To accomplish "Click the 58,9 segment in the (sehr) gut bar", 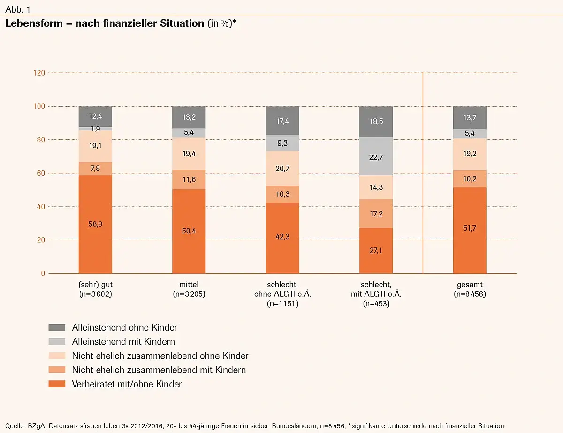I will click(95, 224).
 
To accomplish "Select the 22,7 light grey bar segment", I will click(376, 156).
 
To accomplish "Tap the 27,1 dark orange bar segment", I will click(376, 250).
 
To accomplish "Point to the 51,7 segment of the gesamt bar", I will click(470, 230).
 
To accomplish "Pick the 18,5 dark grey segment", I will click(376, 122).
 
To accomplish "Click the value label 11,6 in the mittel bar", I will click(189, 179).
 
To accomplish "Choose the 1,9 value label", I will click(95, 129).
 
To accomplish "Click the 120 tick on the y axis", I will click(39, 73).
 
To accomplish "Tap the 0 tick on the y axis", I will click(42, 273).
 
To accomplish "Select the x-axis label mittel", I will click(189, 285).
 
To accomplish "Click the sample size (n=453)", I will click(376, 303).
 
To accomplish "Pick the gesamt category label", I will click(470, 285).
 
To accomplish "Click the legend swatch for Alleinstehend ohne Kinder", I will click(57, 327).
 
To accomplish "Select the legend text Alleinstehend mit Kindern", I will click(123, 341).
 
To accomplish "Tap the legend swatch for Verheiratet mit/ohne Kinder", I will click(57, 384).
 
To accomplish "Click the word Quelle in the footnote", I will click(15, 426).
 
